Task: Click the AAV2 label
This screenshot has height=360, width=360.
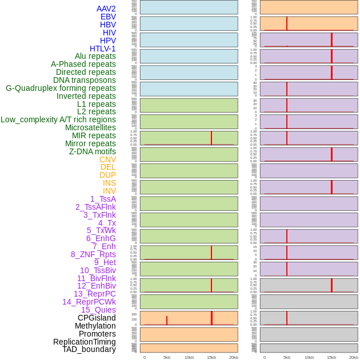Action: pyautogui.click(x=106, y=9)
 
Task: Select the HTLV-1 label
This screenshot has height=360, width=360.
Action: pyautogui.click(x=102, y=49)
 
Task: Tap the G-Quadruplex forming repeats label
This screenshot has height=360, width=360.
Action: pyautogui.click(x=61, y=88)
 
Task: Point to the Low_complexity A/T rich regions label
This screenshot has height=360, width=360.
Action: pyautogui.click(x=58, y=119)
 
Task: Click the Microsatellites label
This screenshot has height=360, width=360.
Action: pyautogui.click(x=90, y=127)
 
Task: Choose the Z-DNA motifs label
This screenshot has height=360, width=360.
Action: pyautogui.click(x=93, y=151)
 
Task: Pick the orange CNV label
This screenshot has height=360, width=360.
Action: pyautogui.click(x=107, y=159)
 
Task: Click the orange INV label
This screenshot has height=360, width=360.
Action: pyautogui.click(x=109, y=191)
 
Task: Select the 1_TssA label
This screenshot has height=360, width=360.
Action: pyautogui.click(x=103, y=199)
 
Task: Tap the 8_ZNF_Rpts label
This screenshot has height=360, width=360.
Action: pyautogui.click(x=93, y=254)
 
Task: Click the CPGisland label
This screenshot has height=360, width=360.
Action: pyautogui.click(x=97, y=318)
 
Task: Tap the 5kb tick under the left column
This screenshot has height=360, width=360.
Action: pyautogui.click(x=167, y=357)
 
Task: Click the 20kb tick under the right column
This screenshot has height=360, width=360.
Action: pyautogui.click(x=354, y=357)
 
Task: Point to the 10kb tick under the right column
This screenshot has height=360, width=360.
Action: pyautogui.click(x=309, y=357)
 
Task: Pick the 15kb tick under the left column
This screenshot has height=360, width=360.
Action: pyautogui.click(x=211, y=357)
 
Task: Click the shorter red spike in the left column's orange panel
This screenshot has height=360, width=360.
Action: pyautogui.click(x=167, y=321)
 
